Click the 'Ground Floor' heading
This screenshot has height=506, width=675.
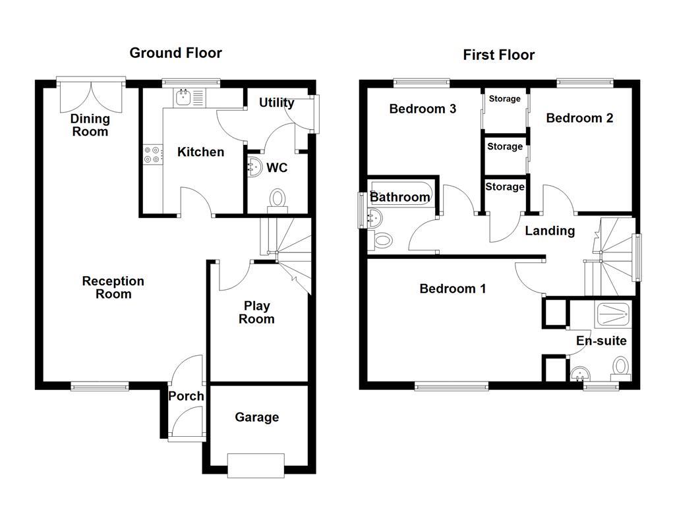(175, 53)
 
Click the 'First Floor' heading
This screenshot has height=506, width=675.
(498, 55)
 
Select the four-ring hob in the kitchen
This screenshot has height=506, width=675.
(152, 154)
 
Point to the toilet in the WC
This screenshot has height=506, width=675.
(278, 198)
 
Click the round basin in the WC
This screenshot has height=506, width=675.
(254, 167)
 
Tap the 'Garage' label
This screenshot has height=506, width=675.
(256, 417)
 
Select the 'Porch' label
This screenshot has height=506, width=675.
(186, 396)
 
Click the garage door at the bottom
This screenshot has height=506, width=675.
(256, 464)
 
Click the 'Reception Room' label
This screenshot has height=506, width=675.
(113, 287)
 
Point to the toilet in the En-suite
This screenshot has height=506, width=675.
(620, 366)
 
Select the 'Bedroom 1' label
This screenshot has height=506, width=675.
(453, 289)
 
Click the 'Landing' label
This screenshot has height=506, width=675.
(550, 231)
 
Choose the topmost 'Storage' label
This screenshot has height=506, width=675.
(504, 99)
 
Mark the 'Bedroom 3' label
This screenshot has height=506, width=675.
(423, 109)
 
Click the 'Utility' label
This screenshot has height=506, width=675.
(276, 103)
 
